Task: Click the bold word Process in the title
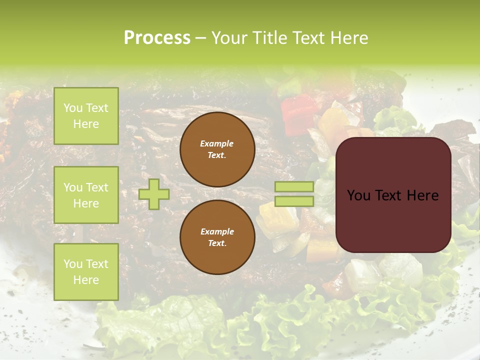point(157,38)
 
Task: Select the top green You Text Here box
point(86,116)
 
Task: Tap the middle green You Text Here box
point(86,195)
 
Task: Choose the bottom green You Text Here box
point(86,272)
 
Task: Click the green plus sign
point(154,194)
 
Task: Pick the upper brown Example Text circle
point(217,149)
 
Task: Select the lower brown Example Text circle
point(217,237)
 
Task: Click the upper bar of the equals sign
point(294,187)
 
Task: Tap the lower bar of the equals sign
point(294,201)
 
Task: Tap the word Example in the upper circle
point(217,143)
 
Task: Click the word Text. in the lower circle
point(217,243)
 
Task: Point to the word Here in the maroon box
point(421,195)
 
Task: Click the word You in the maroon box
point(359,195)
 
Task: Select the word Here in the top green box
point(86,124)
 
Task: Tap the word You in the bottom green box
point(73,264)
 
